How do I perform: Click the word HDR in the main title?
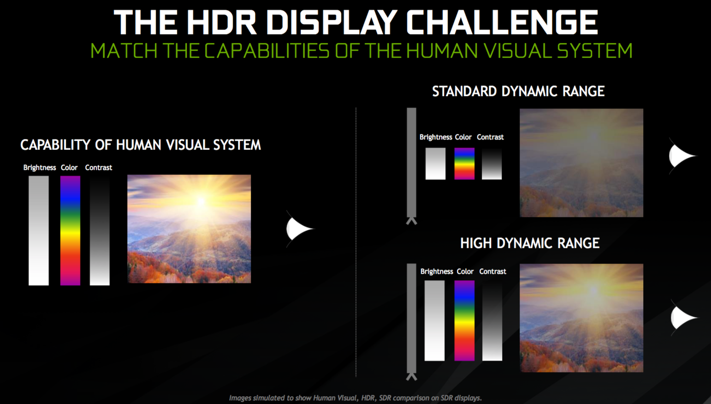221,22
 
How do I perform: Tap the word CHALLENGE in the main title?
502,22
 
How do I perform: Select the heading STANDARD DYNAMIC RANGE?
518,91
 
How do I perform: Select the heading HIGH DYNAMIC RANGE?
530,243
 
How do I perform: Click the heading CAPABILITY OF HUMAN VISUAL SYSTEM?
140,145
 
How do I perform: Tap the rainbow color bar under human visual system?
70,230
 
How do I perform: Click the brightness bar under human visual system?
39,230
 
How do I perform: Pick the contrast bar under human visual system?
100,230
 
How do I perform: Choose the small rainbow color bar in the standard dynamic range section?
464,164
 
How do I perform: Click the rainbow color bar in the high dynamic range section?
464,320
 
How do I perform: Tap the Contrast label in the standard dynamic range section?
490,137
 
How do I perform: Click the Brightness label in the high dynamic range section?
437,271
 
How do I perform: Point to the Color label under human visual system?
69,168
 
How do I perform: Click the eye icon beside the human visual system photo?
299,229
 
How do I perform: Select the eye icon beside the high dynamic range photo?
683,318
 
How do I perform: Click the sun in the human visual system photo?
201,201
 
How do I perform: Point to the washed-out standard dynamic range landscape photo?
581,163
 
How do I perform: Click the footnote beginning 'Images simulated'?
355,398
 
